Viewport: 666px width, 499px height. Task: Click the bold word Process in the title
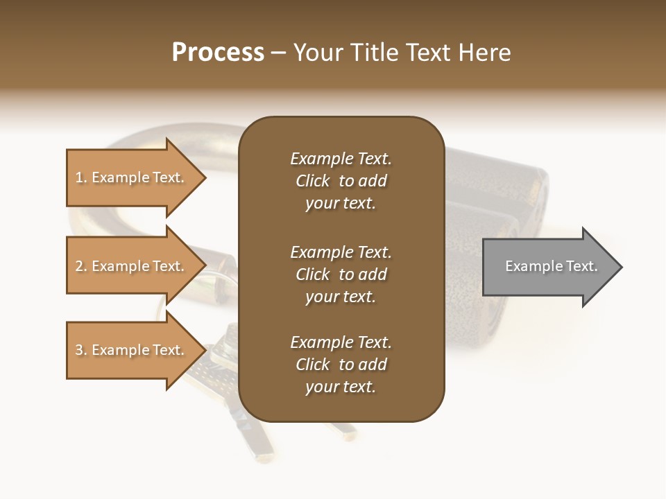tap(218, 53)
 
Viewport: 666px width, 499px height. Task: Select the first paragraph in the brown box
tap(341, 181)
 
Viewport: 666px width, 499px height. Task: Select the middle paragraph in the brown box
tap(341, 274)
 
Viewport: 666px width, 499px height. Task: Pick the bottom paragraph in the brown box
tap(341, 365)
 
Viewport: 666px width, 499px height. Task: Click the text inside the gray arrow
tap(552, 266)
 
